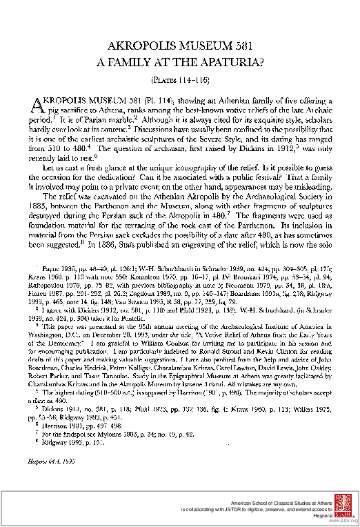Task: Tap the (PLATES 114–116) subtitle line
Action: pyautogui.click(x=179, y=79)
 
